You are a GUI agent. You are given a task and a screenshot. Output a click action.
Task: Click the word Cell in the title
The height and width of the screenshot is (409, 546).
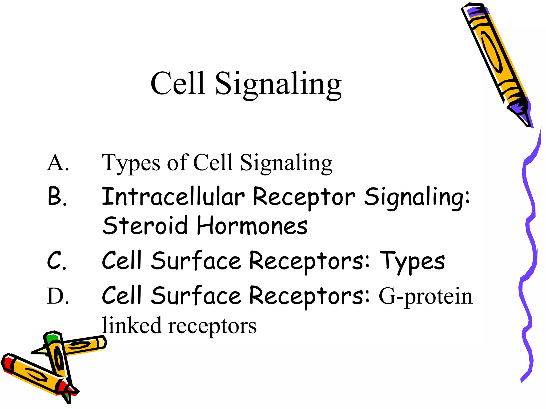pyautogui.click(x=178, y=83)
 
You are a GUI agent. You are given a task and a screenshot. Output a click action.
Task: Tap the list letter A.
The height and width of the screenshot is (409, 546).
pyautogui.click(x=58, y=163)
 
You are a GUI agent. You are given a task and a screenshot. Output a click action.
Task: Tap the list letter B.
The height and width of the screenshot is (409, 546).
pyautogui.click(x=57, y=197)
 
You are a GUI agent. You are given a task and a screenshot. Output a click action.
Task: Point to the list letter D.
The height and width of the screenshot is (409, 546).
pyautogui.click(x=58, y=296)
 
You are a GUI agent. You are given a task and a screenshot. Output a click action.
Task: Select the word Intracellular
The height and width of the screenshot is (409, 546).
pyautogui.click(x=173, y=197)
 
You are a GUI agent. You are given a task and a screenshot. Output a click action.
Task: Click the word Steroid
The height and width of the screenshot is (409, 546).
pyautogui.click(x=145, y=226)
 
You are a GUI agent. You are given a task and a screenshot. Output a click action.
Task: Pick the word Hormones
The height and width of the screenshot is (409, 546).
pyautogui.click(x=252, y=226)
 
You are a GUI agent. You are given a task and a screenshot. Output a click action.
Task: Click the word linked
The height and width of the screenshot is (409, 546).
pyautogui.click(x=132, y=325)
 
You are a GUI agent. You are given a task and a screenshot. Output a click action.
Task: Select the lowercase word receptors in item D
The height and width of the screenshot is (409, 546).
pyautogui.click(x=212, y=326)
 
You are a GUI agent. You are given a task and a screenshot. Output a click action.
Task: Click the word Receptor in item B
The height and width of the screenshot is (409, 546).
pyautogui.click(x=304, y=197)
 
